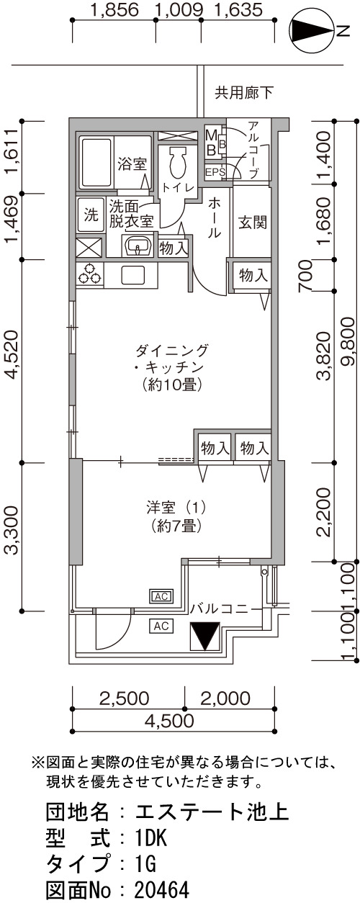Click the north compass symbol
313,32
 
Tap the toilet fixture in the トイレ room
178,161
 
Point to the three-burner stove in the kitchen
89,274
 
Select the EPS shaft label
215,172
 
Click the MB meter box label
211,143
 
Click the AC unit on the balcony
161,626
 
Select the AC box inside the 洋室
162,596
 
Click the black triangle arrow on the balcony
205,636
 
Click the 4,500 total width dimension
174,721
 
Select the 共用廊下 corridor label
243,93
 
